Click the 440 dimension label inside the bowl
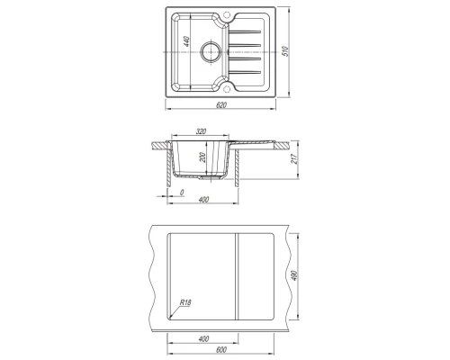click(186, 41)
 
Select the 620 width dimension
click(221, 105)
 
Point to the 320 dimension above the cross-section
click(201, 131)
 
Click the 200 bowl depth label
click(202, 157)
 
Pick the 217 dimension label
click(294, 158)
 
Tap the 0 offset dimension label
click(182, 193)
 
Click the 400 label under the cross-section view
click(203, 200)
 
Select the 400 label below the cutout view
click(203, 339)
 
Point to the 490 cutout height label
click(294, 275)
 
